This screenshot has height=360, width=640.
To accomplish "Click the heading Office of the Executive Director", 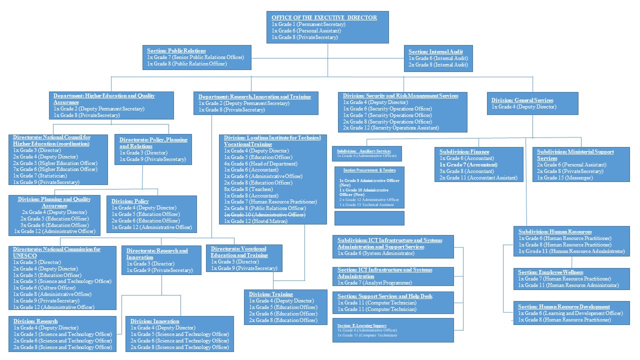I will point(324,17).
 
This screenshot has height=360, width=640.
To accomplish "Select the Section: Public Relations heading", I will point(176,50).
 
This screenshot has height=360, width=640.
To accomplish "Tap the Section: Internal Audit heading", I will point(435,51).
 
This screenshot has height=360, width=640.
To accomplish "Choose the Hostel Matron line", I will point(255,221).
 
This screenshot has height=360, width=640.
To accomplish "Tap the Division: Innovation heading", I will point(154,321).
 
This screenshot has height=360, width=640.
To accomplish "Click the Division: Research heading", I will point(35,321).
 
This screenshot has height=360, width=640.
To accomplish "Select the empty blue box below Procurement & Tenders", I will point(369,218).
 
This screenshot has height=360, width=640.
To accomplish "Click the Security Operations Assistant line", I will point(391,128).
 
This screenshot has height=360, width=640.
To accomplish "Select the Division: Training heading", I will point(270,294).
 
